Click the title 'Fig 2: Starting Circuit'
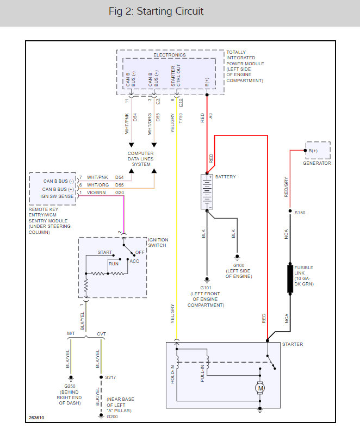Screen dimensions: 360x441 click(x=156, y=11)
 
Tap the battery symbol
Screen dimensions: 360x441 click(x=207, y=192)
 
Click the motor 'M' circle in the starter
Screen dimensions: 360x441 click(x=260, y=388)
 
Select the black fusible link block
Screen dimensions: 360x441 click(x=290, y=279)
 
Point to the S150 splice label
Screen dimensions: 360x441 click(x=300, y=213)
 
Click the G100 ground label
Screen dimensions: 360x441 click(x=239, y=265)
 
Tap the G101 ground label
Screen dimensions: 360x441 click(x=206, y=288)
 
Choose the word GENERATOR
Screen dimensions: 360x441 click(x=317, y=163)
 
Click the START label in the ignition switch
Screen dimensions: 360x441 click(x=105, y=252)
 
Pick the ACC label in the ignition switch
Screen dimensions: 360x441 click(x=134, y=261)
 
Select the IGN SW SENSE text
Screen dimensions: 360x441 click(x=57, y=196)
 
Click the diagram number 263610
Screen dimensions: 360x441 click(x=36, y=418)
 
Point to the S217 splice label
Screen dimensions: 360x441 click(x=110, y=377)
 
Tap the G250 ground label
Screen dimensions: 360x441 click(x=70, y=386)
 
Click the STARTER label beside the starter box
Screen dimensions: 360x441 click(x=293, y=344)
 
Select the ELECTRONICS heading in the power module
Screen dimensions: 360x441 click(x=170, y=55)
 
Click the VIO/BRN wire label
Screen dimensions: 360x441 click(x=96, y=192)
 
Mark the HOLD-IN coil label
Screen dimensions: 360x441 click(x=173, y=374)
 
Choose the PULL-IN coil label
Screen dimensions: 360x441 click(x=202, y=373)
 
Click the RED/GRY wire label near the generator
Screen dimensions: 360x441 click(x=286, y=187)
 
